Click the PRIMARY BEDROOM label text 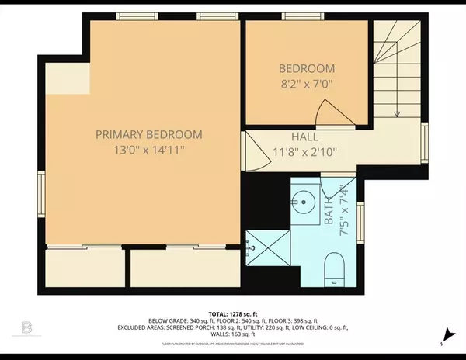pos(149,134)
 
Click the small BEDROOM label pos(307,68)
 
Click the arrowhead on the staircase pos(397,113)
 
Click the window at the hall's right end pos(425,142)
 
